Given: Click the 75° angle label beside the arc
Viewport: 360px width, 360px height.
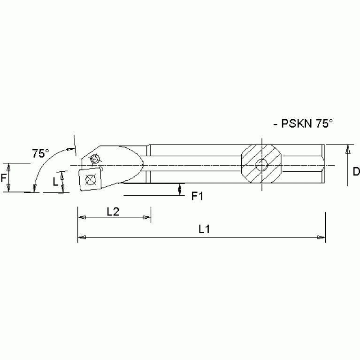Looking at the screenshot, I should [x=40, y=153].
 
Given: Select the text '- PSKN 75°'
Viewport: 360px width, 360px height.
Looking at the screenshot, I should [x=302, y=124].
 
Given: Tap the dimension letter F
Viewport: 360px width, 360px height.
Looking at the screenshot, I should [x=3, y=178].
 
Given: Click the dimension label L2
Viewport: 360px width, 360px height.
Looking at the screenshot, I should [x=113, y=212].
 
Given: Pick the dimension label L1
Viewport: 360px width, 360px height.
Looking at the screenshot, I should [x=203, y=230].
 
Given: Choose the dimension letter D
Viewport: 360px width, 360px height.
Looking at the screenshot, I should [x=355, y=172].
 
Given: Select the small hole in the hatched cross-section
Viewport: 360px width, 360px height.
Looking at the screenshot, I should [x=261, y=165].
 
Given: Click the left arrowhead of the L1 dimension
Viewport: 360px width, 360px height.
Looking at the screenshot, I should [x=81, y=237].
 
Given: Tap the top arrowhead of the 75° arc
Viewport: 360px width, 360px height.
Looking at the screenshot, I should [x=72, y=149].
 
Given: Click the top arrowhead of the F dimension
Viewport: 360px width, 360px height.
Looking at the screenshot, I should [x=8, y=166].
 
